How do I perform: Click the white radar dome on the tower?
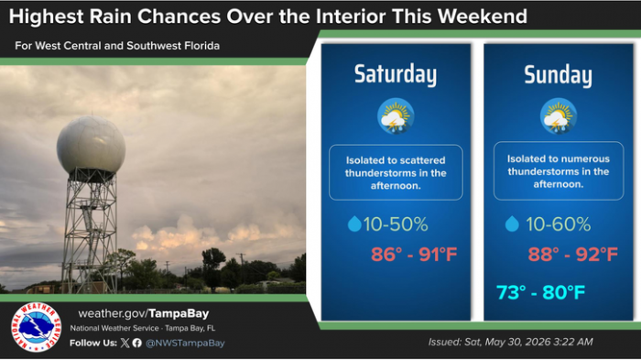[x=91, y=145]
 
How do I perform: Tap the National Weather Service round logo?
[x=37, y=327]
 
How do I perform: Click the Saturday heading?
[x=396, y=74]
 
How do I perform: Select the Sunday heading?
[x=558, y=75]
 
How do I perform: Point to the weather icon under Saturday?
[x=396, y=116]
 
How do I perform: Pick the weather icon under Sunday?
[x=559, y=116]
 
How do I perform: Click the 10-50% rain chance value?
[x=396, y=224]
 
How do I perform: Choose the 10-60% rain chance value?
[x=559, y=224]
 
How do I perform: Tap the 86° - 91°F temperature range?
[x=414, y=255]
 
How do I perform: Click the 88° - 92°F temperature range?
[x=572, y=255]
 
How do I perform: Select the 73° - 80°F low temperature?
[x=541, y=292]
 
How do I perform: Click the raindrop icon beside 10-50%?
[x=354, y=224]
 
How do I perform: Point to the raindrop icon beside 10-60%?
[x=512, y=224]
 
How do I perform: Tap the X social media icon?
[x=125, y=343]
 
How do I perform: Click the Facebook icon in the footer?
[x=137, y=343]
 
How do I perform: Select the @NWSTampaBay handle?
[x=185, y=343]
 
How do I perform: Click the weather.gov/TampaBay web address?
[x=144, y=314]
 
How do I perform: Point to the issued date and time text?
[x=511, y=342]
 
